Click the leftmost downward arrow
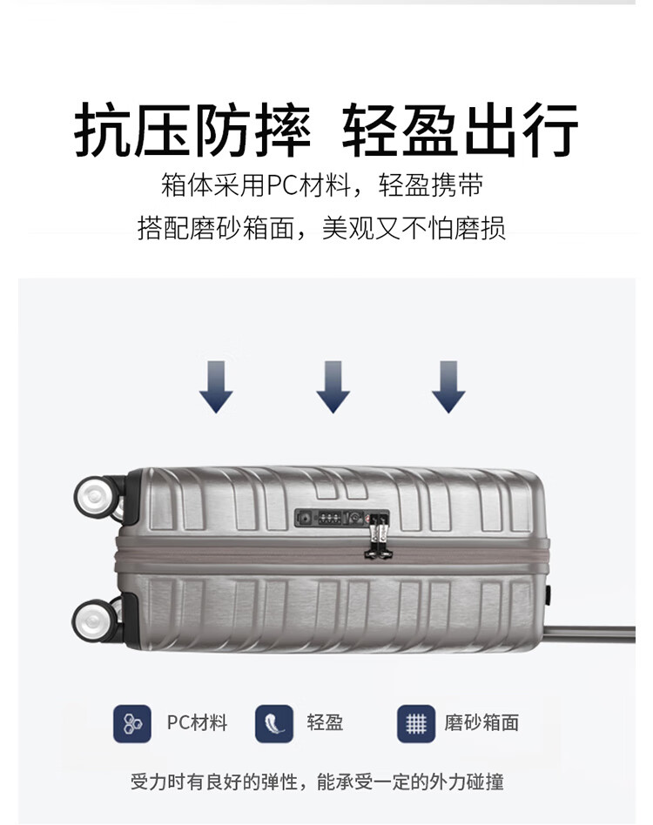[x=216, y=386]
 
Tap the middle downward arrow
[x=333, y=386]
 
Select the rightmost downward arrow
[x=448, y=386]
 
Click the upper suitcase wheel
[x=96, y=496]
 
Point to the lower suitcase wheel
[x=94, y=620]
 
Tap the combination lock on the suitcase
[x=341, y=518]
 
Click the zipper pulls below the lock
[x=378, y=537]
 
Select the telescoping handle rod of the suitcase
[x=590, y=633]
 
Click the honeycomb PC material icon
[x=132, y=723]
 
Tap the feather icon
[x=274, y=723]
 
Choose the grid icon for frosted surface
[x=416, y=723]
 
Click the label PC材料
[x=197, y=723]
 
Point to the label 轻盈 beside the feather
[x=325, y=722]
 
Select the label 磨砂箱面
[x=481, y=722]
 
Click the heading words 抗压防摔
[x=192, y=130]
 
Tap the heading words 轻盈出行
[x=461, y=130]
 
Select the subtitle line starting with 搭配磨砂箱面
[x=321, y=228]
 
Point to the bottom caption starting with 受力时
[x=317, y=781]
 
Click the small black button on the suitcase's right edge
[x=549, y=595]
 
